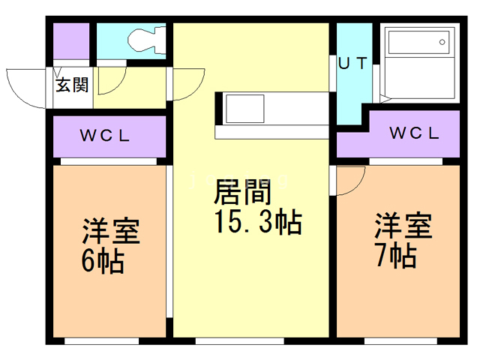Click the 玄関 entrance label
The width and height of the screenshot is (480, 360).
[x=71, y=85]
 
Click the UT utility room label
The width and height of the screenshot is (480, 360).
[x=352, y=64]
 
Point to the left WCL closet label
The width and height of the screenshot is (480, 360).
[x=106, y=136]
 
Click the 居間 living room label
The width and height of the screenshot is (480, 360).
[x=241, y=193]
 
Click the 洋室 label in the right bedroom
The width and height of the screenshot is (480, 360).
[x=403, y=226]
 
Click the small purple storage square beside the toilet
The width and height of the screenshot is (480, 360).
[x=70, y=40]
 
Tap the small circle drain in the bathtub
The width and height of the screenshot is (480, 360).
[x=442, y=42]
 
